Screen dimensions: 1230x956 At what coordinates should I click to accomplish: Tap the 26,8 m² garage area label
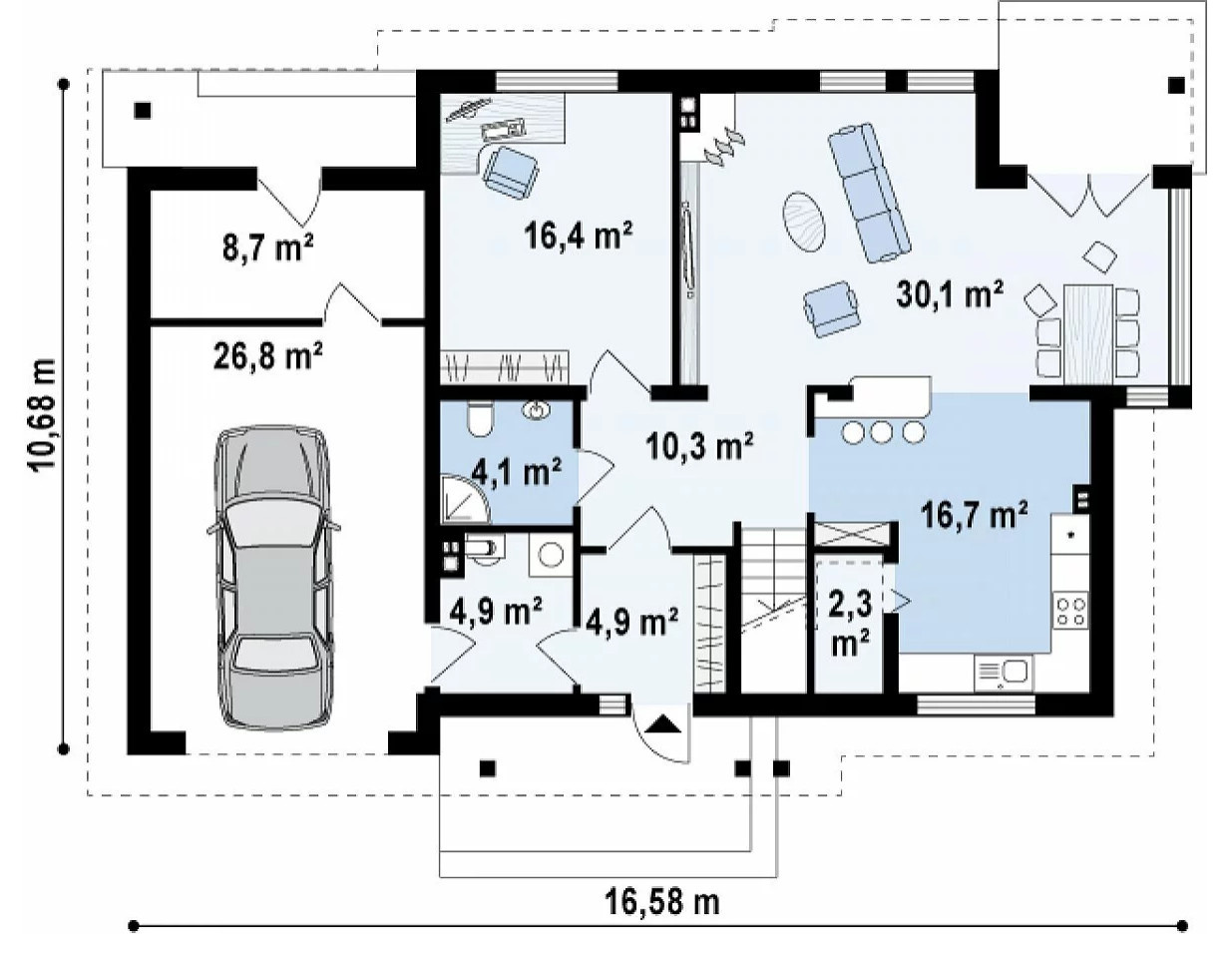[268, 357]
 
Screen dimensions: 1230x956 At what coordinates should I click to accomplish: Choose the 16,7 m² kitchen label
[975, 515]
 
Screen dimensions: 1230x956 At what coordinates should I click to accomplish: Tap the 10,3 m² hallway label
[699, 447]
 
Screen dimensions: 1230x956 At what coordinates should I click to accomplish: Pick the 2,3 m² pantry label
[850, 625]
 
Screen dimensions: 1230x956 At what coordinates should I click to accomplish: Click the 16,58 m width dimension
[662, 902]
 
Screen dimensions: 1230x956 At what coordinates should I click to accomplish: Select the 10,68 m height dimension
[42, 414]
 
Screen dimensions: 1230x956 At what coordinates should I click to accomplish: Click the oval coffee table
[804, 221]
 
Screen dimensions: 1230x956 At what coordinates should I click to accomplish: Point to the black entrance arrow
[661, 723]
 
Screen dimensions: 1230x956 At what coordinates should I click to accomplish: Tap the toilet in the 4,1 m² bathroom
[480, 418]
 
